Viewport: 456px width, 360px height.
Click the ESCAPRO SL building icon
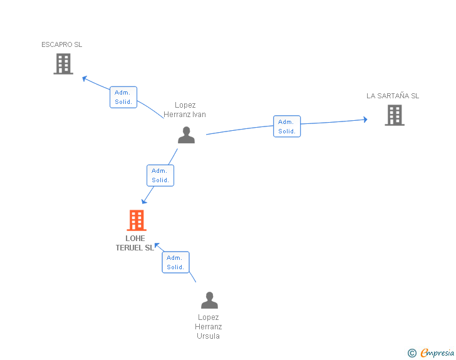[63, 64]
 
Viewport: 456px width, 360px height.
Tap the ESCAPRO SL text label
[61, 44]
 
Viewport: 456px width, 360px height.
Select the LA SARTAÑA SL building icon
[394, 115]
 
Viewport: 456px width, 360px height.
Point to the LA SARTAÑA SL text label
[393, 96]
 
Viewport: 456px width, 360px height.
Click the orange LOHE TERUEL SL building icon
[136, 220]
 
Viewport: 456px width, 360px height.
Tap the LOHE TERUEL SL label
[135, 243]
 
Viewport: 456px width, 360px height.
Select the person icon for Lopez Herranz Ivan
[186, 135]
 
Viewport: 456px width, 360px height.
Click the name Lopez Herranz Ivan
[185, 110]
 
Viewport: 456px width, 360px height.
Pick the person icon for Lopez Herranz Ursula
[209, 301]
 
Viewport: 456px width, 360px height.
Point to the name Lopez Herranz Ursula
[209, 327]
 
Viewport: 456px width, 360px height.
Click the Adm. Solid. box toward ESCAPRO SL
[123, 97]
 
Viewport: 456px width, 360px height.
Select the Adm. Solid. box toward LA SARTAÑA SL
[287, 126]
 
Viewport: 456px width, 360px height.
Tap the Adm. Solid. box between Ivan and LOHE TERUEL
[160, 175]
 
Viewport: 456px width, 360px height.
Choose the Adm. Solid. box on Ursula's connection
[175, 262]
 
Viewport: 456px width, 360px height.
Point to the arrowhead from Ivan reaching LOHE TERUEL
[144, 200]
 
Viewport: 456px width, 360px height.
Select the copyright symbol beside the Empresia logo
[412, 353]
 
